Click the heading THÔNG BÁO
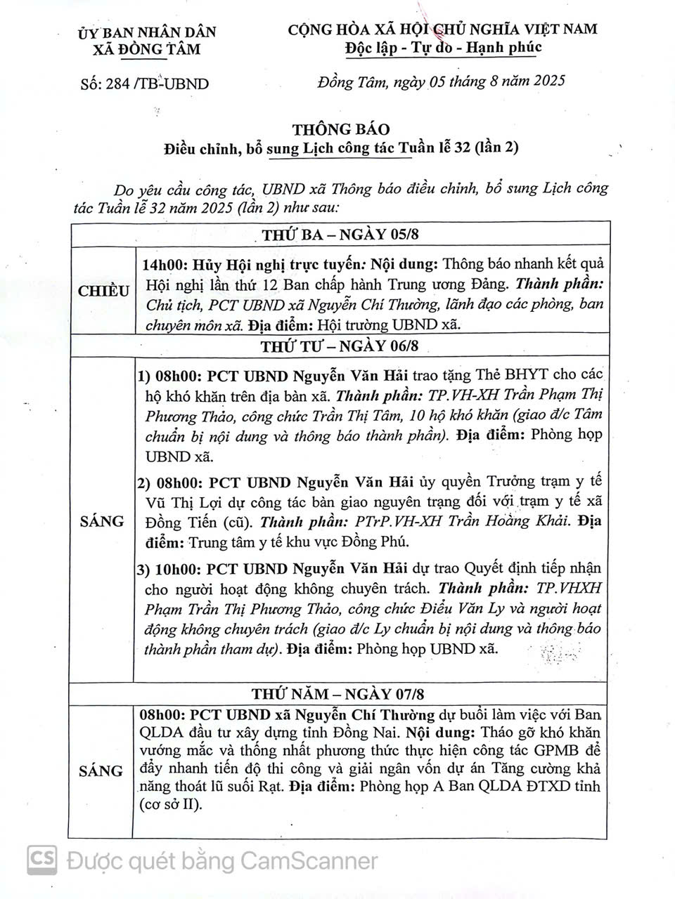tap(341, 129)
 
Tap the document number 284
tap(117, 84)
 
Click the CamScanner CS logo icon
tap(42, 860)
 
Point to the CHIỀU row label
tap(103, 291)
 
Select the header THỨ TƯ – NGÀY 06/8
tap(340, 346)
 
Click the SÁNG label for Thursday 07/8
tap(101, 770)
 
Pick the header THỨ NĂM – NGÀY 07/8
tap(338, 694)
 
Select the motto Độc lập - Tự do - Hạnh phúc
tap(444, 47)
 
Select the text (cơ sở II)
tap(171, 804)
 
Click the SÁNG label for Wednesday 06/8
tap(102, 521)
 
